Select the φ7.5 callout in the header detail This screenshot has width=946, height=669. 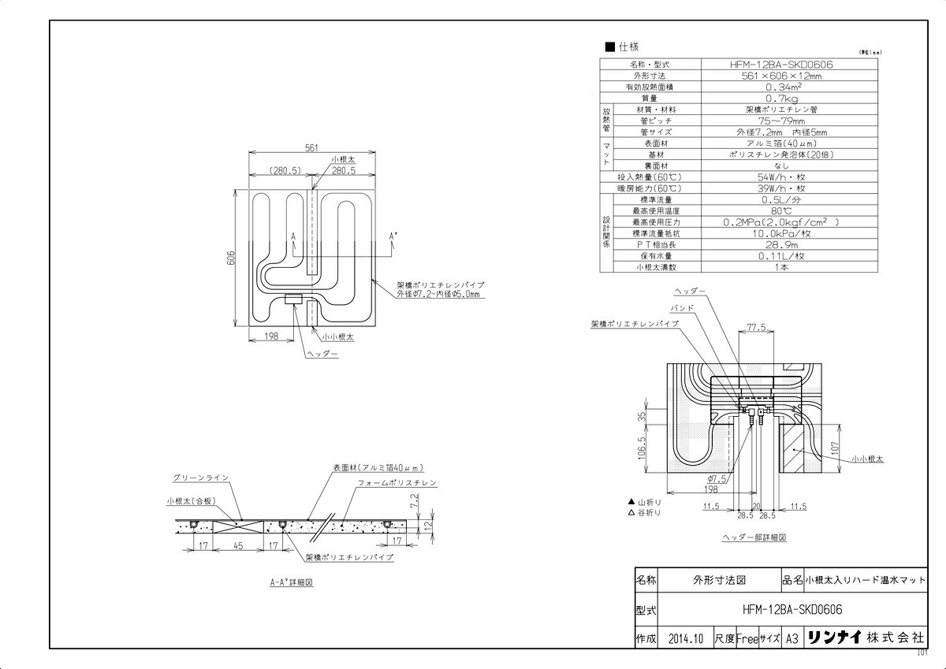pos(717,478)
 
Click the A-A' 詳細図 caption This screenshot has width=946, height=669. pos(292,584)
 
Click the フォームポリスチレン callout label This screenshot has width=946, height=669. pos(397,482)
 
